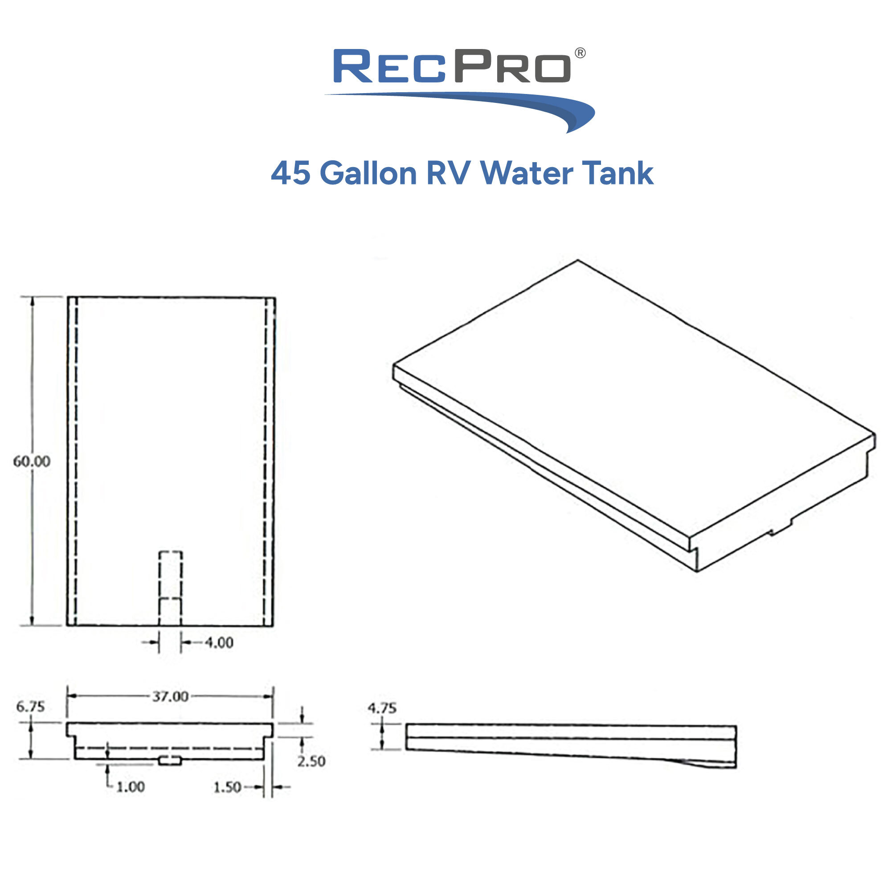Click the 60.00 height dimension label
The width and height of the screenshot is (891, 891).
pyautogui.click(x=31, y=461)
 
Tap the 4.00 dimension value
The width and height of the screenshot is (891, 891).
pyautogui.click(x=219, y=642)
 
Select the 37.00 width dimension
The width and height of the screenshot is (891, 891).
pyautogui.click(x=171, y=696)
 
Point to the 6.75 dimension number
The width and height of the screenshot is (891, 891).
pyautogui.click(x=30, y=707)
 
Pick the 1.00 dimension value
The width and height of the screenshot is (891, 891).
pyautogui.click(x=131, y=787)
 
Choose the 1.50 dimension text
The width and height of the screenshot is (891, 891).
pyautogui.click(x=227, y=787)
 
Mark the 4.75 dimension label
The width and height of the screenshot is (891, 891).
pyautogui.click(x=382, y=708)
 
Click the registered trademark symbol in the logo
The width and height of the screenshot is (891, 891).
pyautogui.click(x=580, y=53)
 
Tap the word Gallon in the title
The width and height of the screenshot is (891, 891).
pyautogui.click(x=368, y=173)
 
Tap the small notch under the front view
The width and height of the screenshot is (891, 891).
pyautogui.click(x=170, y=761)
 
